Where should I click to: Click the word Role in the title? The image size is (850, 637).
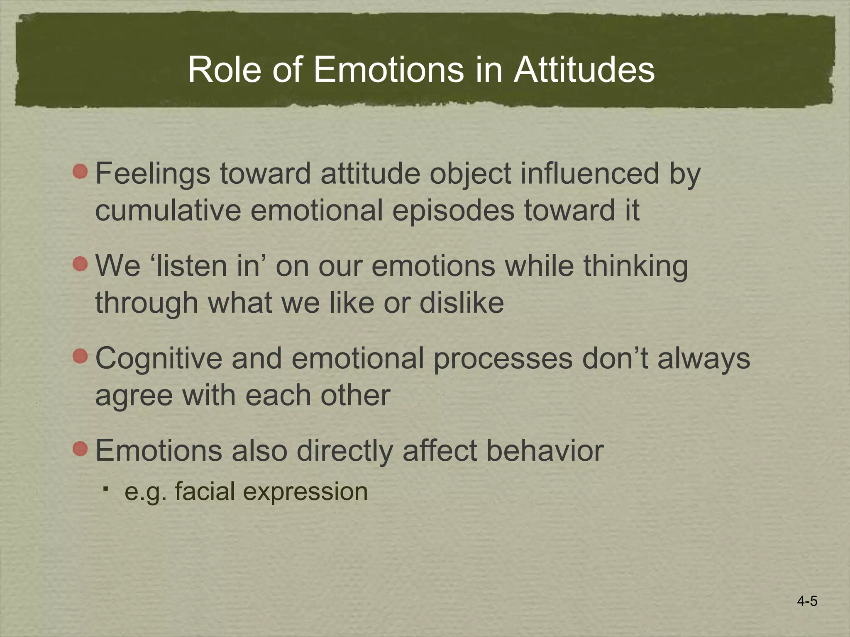click(x=225, y=70)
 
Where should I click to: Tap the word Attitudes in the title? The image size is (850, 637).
click(x=584, y=70)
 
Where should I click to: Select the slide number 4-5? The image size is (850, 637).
click(x=807, y=601)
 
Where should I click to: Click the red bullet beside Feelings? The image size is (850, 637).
click(x=81, y=171)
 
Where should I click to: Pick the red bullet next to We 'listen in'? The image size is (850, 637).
click(x=81, y=264)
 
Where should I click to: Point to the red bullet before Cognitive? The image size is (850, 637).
click(x=81, y=356)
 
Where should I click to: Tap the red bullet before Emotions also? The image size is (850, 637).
click(x=81, y=449)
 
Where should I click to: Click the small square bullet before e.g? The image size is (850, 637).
click(x=106, y=490)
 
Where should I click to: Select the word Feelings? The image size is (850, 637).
click(x=153, y=174)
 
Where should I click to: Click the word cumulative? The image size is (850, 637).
click(x=168, y=210)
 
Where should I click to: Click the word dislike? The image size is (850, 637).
click(x=462, y=303)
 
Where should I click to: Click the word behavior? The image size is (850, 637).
click(x=545, y=451)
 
